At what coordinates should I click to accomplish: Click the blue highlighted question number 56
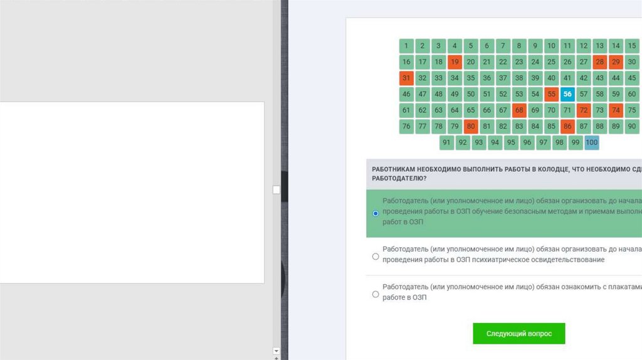pos(567,94)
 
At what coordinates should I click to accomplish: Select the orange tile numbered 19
pos(455,62)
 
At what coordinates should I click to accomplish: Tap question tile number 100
pos(592,142)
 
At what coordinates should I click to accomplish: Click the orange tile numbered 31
pos(406,78)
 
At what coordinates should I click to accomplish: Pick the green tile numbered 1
pos(406,46)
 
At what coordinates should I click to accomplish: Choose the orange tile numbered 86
pos(567,127)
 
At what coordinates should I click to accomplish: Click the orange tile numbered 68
pos(519,110)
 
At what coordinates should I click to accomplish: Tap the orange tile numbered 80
pos(471,127)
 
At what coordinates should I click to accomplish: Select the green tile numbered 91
pos(446,142)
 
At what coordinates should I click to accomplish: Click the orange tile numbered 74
pos(616,110)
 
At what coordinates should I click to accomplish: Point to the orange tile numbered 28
pos(599,62)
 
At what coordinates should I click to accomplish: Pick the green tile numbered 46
pos(406,94)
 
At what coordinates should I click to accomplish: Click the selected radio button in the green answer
pos(376,213)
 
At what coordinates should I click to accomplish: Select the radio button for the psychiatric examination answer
pos(376,257)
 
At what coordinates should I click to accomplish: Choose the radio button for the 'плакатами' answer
pos(376,295)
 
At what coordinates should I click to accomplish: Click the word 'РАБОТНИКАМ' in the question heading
pos(393,169)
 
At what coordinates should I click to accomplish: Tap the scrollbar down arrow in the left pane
pos(276,351)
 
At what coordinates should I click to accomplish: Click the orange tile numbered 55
pos(552,94)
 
